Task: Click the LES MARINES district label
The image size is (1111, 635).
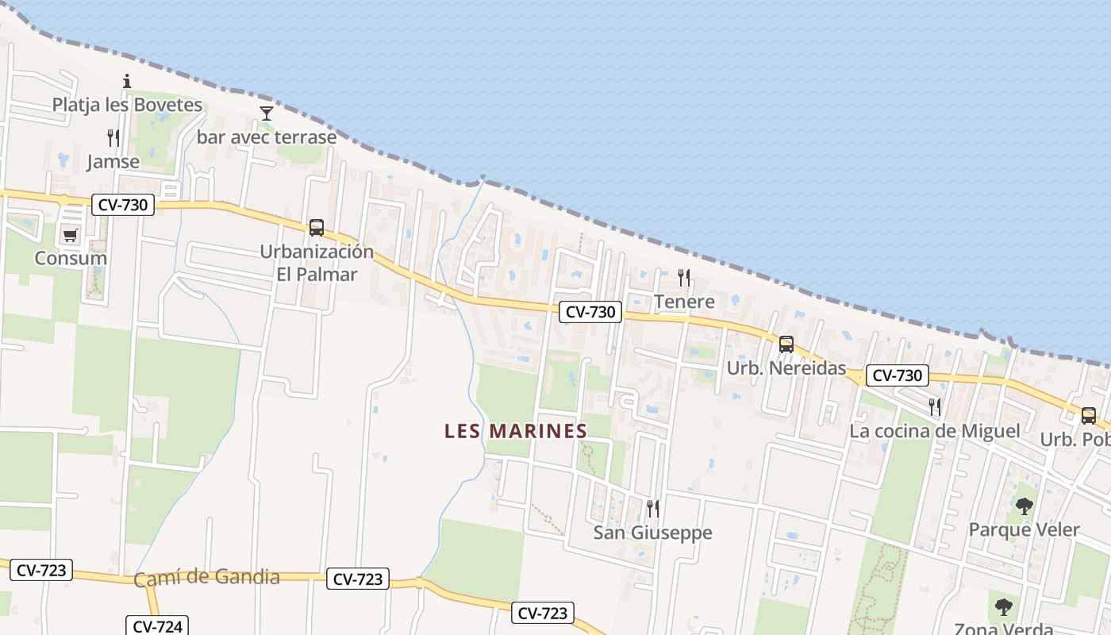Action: click(516, 431)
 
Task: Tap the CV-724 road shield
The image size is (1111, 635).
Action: click(157, 626)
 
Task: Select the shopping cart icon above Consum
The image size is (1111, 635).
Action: click(71, 235)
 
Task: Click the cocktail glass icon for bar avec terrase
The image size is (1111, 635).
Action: click(267, 114)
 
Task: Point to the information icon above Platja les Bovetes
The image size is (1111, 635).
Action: click(126, 81)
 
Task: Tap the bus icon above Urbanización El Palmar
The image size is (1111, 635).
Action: click(316, 228)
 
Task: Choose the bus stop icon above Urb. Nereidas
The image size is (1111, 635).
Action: click(786, 344)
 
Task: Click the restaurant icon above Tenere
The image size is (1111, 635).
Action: click(683, 277)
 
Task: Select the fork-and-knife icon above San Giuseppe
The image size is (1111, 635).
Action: click(652, 508)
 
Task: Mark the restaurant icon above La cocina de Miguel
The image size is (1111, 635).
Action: click(935, 407)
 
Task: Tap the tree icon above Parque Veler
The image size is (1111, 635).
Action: click(1024, 506)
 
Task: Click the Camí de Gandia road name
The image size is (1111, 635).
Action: click(206, 577)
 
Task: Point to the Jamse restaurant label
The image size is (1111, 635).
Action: click(113, 162)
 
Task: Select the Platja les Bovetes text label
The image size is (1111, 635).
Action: click(127, 105)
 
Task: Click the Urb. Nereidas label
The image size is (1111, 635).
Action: click(786, 368)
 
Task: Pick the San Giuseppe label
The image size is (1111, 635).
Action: click(652, 533)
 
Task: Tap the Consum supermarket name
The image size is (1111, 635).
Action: click(71, 258)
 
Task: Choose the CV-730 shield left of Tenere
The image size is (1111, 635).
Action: click(590, 312)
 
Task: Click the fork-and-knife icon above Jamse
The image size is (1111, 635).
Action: click(113, 138)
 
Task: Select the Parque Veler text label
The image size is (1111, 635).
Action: click(1024, 529)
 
